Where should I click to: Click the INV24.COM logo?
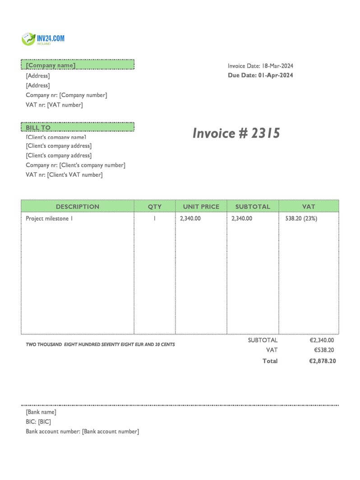(x=43, y=39)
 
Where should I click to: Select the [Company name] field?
(x=51, y=65)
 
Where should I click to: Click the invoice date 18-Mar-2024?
(x=277, y=66)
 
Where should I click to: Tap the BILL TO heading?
(x=38, y=128)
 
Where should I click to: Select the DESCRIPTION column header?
(x=77, y=207)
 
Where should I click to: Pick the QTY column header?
(x=154, y=207)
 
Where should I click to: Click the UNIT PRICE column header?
(x=201, y=207)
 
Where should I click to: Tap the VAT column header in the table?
(x=309, y=207)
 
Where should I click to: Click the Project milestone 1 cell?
(x=49, y=218)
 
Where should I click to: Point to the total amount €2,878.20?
(x=322, y=361)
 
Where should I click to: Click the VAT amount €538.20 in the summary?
(x=324, y=350)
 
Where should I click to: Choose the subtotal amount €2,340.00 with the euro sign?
(x=322, y=341)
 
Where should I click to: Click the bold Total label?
(x=270, y=361)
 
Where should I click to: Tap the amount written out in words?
(x=100, y=345)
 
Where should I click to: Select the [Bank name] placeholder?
(x=41, y=412)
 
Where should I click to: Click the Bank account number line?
(x=82, y=432)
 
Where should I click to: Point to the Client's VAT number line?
(x=64, y=175)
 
